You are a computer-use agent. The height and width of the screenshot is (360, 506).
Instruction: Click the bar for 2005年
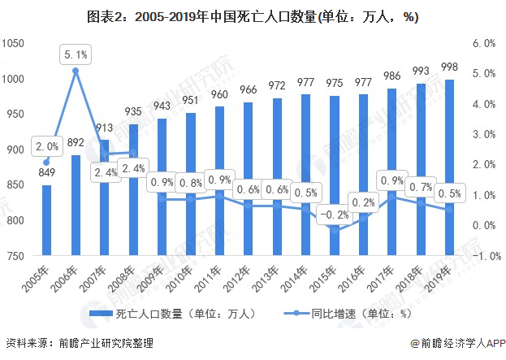coord(47,221)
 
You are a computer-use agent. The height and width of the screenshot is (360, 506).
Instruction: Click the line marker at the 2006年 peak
coord(76,71)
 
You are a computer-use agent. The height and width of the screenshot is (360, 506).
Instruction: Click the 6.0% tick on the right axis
coord(482,43)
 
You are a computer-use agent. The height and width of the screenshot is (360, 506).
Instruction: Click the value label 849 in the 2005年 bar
coord(47,172)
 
